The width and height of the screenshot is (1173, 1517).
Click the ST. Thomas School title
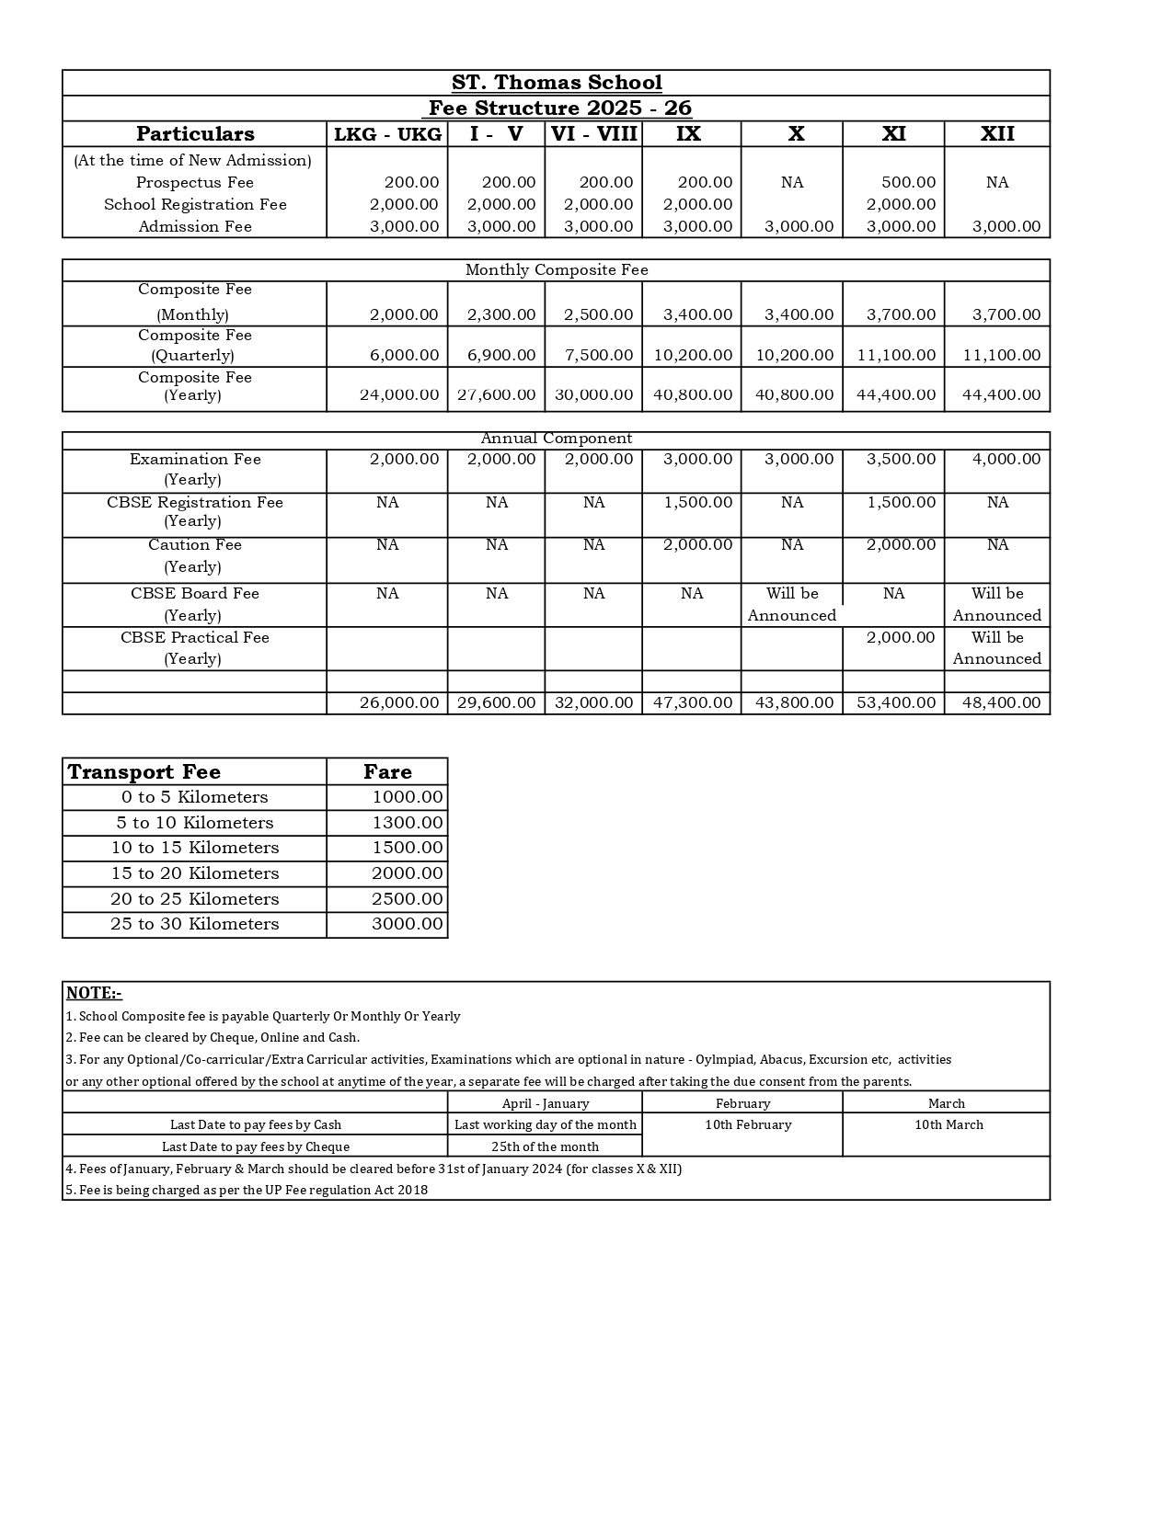(557, 83)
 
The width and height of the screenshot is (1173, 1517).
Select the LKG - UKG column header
(387, 134)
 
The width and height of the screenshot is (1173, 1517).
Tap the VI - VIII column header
(593, 134)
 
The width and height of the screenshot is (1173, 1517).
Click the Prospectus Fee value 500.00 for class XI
(908, 182)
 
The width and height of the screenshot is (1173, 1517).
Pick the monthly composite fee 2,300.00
(500, 314)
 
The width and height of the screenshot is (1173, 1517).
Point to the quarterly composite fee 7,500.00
(598, 355)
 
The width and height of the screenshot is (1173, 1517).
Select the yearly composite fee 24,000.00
(399, 394)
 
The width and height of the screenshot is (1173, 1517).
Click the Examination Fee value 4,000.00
(1006, 459)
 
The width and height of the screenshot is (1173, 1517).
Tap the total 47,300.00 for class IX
(693, 702)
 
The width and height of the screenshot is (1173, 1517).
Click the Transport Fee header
(144, 772)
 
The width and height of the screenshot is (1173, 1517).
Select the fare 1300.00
(408, 823)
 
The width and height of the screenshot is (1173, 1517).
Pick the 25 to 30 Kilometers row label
(194, 924)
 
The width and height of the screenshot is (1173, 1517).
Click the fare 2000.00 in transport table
(408, 873)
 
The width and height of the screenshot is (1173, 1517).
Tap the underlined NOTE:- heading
(94, 993)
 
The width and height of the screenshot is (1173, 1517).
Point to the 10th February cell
(748, 1124)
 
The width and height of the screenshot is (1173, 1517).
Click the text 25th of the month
(545, 1146)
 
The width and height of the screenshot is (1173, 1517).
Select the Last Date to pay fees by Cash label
(256, 1124)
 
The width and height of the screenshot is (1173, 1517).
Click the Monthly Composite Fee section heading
(557, 269)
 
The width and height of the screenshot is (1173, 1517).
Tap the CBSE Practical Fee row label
(194, 637)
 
